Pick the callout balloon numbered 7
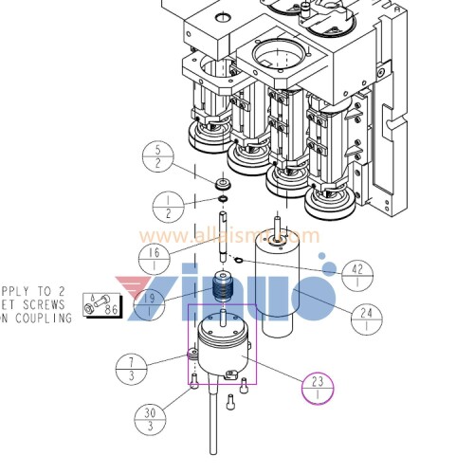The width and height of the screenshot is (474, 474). pos(132,369)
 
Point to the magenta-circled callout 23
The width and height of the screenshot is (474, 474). pos(319,389)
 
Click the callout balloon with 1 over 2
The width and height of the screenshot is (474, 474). pos(168,205)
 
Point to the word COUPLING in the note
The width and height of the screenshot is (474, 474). pos(44,319)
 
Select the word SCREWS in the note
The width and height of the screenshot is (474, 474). pos(44,304)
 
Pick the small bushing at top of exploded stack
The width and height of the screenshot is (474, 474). pos(224,184)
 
